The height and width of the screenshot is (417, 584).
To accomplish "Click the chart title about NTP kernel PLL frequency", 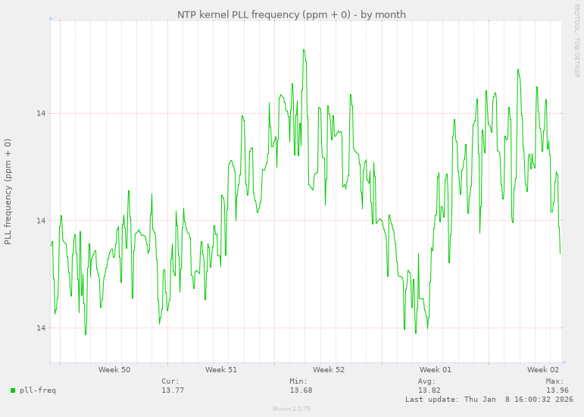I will (x=292, y=14).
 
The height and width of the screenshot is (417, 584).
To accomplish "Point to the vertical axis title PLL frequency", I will (x=8, y=191).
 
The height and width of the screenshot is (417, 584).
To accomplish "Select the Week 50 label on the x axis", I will (x=114, y=370).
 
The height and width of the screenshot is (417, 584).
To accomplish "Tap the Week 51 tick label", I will (x=221, y=370).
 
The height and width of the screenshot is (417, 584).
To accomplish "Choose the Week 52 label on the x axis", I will (x=329, y=370).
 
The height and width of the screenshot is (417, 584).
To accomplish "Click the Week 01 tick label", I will (x=436, y=370).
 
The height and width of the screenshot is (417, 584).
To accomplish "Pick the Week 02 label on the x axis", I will (x=543, y=370).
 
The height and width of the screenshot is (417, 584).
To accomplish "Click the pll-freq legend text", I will (x=38, y=390).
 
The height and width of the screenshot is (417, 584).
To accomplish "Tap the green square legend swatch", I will (x=13, y=390).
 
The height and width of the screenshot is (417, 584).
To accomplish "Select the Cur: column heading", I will (x=170, y=381).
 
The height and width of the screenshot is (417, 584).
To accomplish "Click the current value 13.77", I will (x=173, y=390).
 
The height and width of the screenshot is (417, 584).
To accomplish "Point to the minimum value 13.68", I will (x=301, y=390).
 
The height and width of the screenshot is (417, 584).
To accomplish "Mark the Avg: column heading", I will (x=427, y=381).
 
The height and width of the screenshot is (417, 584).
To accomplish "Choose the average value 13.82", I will (x=429, y=390).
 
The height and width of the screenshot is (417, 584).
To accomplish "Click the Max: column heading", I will (x=555, y=381).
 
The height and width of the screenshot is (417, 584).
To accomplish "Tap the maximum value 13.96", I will (x=557, y=390).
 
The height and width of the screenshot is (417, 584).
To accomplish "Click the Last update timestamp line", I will (x=489, y=399).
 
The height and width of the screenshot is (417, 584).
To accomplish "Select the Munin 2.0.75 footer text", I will (x=292, y=409).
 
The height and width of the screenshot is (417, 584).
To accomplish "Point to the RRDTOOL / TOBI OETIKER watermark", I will (x=576, y=39).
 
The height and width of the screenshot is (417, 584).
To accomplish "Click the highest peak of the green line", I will (x=304, y=50).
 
